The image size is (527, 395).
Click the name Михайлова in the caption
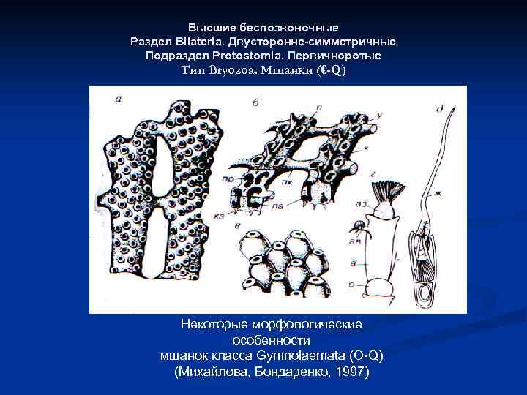211,372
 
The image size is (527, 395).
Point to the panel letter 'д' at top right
438,110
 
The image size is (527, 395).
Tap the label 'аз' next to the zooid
361,205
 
